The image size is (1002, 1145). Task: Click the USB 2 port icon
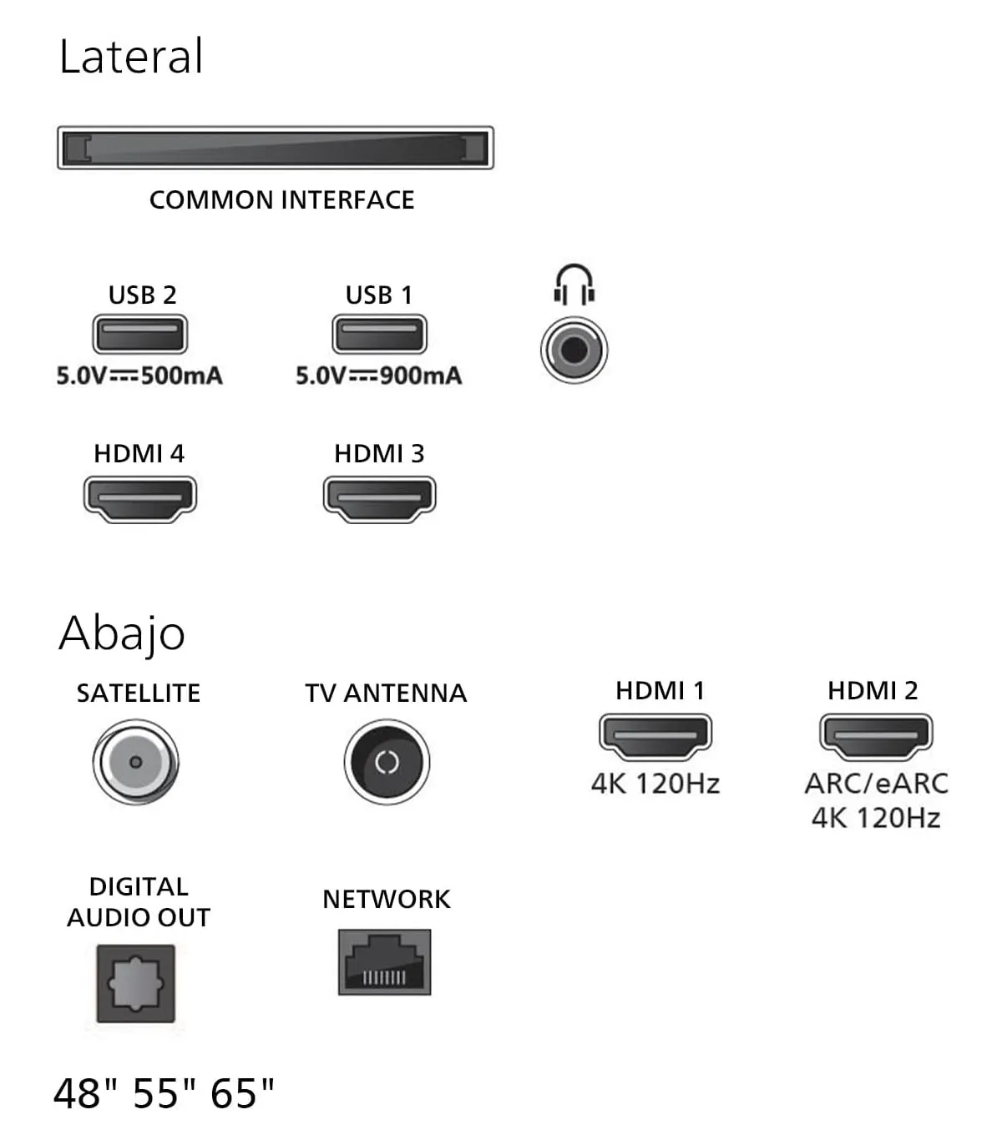(139, 335)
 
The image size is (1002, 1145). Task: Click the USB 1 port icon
(379, 335)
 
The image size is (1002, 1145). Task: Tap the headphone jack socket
(574, 351)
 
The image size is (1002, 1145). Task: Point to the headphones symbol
(574, 285)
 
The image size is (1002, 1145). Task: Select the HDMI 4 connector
(139, 499)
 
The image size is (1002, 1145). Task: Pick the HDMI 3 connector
(379, 499)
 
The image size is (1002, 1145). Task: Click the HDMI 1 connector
(655, 737)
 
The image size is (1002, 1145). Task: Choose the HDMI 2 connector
(876, 737)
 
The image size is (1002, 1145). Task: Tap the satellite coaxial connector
(135, 762)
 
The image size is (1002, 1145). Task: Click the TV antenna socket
(387, 762)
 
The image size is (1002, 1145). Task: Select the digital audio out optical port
(135, 984)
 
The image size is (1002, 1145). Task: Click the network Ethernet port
(385, 962)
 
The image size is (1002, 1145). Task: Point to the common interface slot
(276, 148)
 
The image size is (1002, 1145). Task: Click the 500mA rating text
(181, 376)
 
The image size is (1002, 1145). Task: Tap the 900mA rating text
(420, 376)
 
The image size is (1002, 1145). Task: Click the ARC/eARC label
(876, 784)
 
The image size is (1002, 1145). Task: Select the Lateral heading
(131, 57)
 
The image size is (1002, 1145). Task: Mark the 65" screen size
(242, 1093)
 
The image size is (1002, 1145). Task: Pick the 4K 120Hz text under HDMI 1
(655, 784)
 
